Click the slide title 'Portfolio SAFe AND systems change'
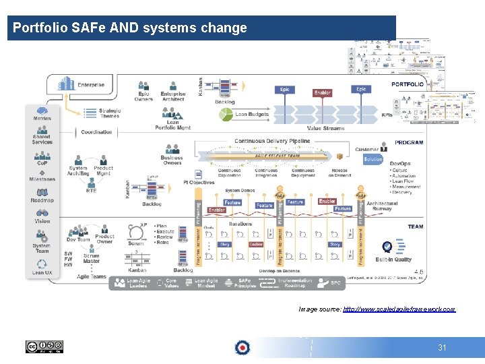130,28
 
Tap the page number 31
443,348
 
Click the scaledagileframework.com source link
399,309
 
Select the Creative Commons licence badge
44,347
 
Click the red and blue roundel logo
242,348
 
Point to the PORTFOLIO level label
407,85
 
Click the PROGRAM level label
409,143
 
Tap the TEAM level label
415,226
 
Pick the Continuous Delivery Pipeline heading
272,141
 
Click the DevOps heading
400,164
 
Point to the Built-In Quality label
393,260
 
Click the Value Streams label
325,128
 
